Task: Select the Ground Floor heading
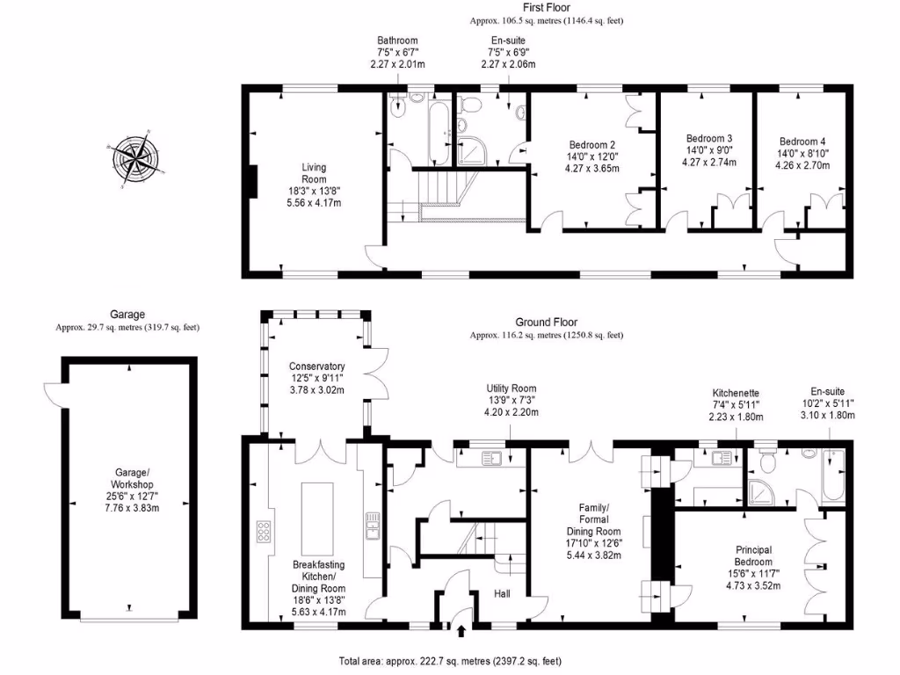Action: pyautogui.click(x=546, y=323)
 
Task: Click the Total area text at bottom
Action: pyautogui.click(x=458, y=661)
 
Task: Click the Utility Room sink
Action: pyautogui.click(x=493, y=457)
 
